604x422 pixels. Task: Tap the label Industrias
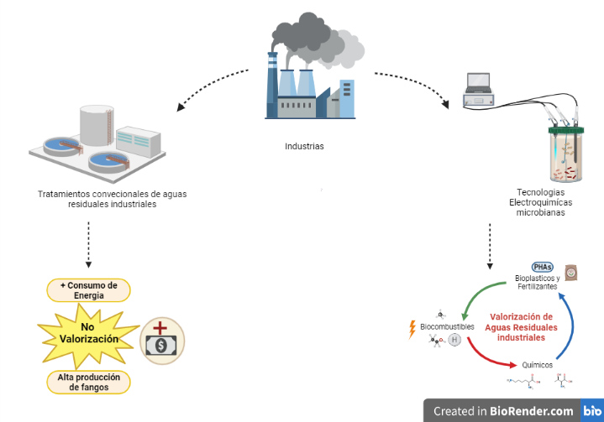tap(304, 146)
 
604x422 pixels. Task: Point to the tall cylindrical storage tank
tap(97, 124)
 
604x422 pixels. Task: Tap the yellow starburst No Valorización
tap(88, 333)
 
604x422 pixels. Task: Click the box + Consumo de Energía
tap(88, 289)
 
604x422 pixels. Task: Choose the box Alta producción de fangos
tap(88, 382)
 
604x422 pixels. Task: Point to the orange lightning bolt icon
tap(412, 328)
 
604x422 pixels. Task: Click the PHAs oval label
tap(544, 266)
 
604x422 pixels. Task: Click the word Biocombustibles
tap(448, 326)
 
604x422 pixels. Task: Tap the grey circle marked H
tap(454, 340)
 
